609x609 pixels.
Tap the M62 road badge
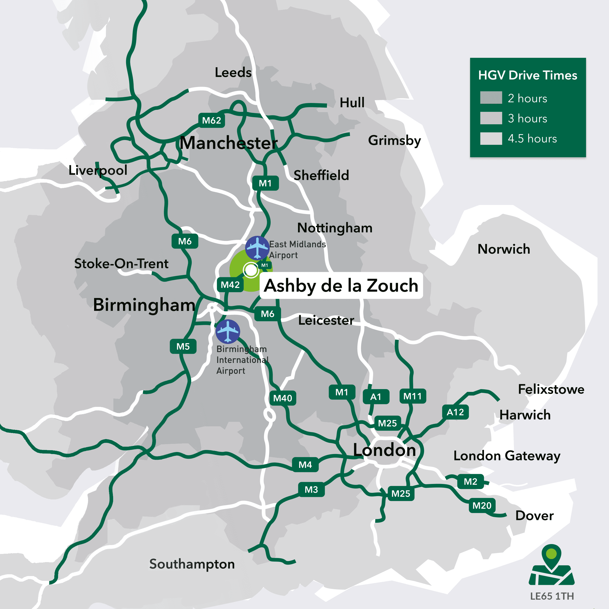(212, 120)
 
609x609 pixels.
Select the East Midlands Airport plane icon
(257, 248)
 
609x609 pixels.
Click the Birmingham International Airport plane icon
(228, 331)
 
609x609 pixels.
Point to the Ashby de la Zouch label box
(341, 286)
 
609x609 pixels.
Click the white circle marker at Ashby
(251, 270)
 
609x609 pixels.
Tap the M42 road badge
(230, 285)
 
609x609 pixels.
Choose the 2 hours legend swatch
(491, 98)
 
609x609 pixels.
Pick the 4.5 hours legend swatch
(491, 138)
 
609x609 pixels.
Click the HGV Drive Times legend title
(527, 75)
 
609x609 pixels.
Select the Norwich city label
(503, 249)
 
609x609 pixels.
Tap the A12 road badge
(455, 412)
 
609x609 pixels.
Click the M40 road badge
(283, 398)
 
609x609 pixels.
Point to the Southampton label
(192, 564)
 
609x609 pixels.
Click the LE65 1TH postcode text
(552, 596)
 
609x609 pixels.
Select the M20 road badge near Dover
(482, 506)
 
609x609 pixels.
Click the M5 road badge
(183, 347)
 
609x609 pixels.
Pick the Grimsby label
(394, 140)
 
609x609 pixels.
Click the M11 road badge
(412, 396)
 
